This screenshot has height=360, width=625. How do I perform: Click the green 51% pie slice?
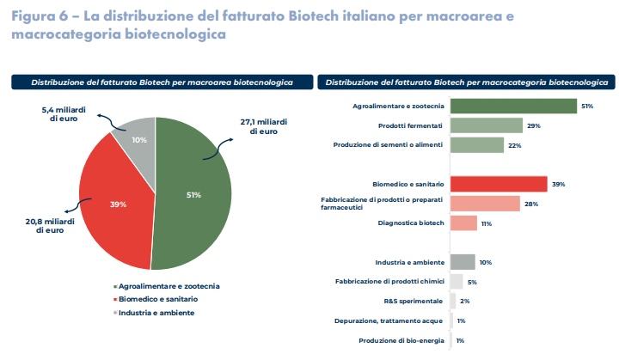193,195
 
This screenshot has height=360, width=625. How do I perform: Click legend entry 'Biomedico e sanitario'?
159,299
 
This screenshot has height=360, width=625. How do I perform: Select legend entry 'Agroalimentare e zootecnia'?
169,285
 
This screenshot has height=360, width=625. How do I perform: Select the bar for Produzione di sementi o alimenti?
477,145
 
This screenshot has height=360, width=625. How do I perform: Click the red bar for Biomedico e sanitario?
499,184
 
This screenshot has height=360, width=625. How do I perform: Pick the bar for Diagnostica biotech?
463,223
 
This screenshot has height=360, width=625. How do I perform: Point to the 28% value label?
531,204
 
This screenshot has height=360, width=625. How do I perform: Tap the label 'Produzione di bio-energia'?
401,341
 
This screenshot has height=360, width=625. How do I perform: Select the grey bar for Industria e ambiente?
463,262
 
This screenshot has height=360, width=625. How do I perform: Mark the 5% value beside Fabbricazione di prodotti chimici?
472,282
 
